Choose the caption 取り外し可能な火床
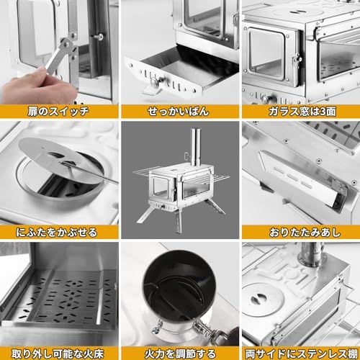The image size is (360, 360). point(58,354)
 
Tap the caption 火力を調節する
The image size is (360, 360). point(179,354)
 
